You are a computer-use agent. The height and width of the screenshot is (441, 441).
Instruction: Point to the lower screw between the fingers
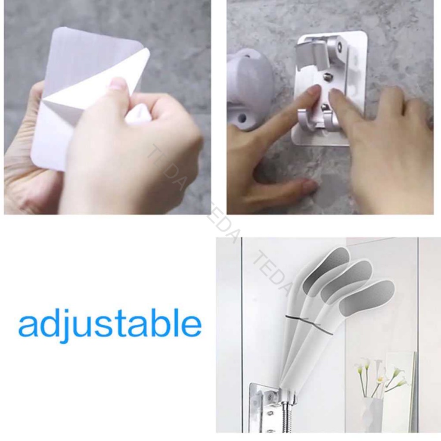tap(325, 107)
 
